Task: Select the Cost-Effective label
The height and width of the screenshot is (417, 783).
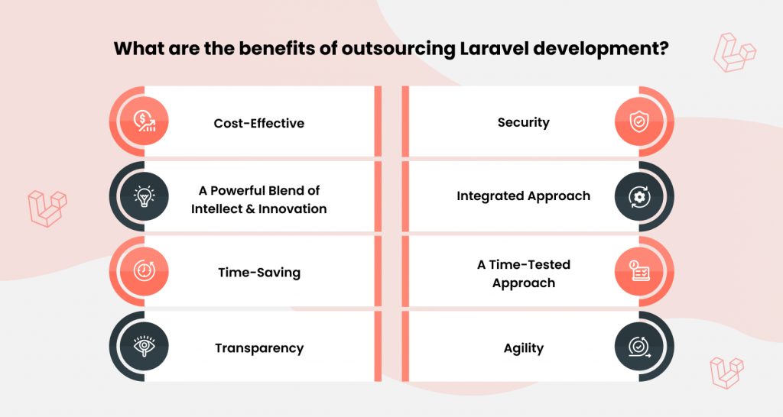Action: tap(258, 123)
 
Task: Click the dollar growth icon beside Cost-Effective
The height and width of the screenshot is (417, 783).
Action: tap(145, 121)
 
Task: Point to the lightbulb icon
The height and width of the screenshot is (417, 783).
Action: tap(145, 196)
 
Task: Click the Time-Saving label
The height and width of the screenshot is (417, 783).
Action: tap(259, 273)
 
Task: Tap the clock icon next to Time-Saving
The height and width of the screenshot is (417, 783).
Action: tap(145, 271)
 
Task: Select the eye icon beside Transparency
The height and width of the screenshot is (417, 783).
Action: tap(145, 346)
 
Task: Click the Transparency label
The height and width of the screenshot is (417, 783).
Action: tap(259, 348)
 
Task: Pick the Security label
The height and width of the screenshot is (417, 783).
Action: tap(523, 123)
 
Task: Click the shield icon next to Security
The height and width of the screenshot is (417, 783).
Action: tap(639, 121)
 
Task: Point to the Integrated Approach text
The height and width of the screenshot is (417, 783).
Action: tap(523, 196)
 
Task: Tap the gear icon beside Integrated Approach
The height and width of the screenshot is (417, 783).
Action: tap(639, 196)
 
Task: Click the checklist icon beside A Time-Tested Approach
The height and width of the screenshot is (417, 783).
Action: tap(639, 271)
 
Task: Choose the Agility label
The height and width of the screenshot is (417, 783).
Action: tap(523, 348)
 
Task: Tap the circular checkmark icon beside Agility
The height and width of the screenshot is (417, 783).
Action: tap(639, 347)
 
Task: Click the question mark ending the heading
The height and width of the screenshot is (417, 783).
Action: tap(664, 49)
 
